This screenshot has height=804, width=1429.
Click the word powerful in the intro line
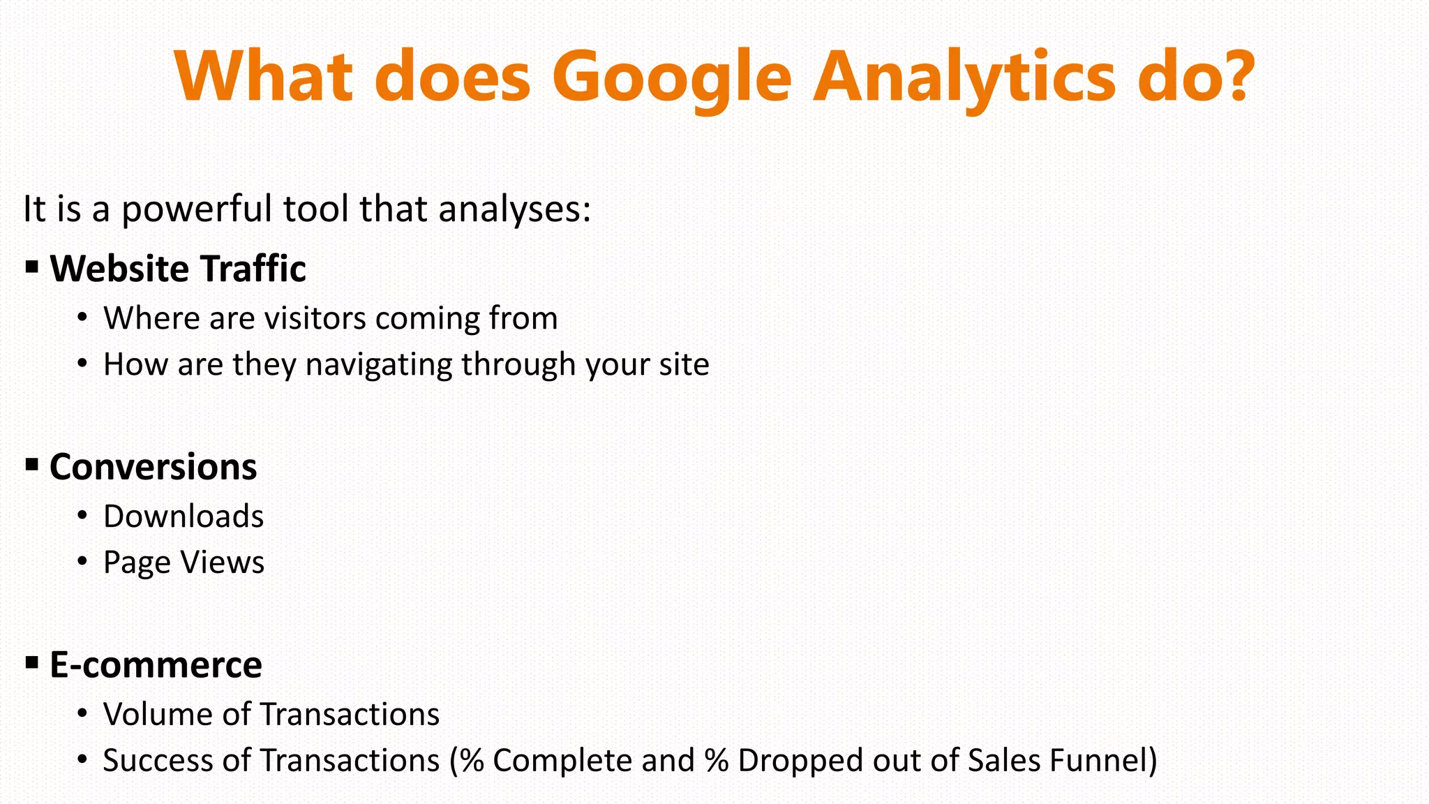coord(197,209)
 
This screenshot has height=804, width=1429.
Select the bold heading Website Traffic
coord(178,269)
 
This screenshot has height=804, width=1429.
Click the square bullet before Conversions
coord(31,464)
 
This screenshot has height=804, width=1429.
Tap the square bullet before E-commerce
coord(31,662)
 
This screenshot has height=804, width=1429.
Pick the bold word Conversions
coord(153,467)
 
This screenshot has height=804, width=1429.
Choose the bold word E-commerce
coord(156,664)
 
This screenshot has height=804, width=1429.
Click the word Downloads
coord(184,516)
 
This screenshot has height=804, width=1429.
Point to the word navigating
coord(379,365)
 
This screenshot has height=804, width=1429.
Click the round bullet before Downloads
coord(82,516)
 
